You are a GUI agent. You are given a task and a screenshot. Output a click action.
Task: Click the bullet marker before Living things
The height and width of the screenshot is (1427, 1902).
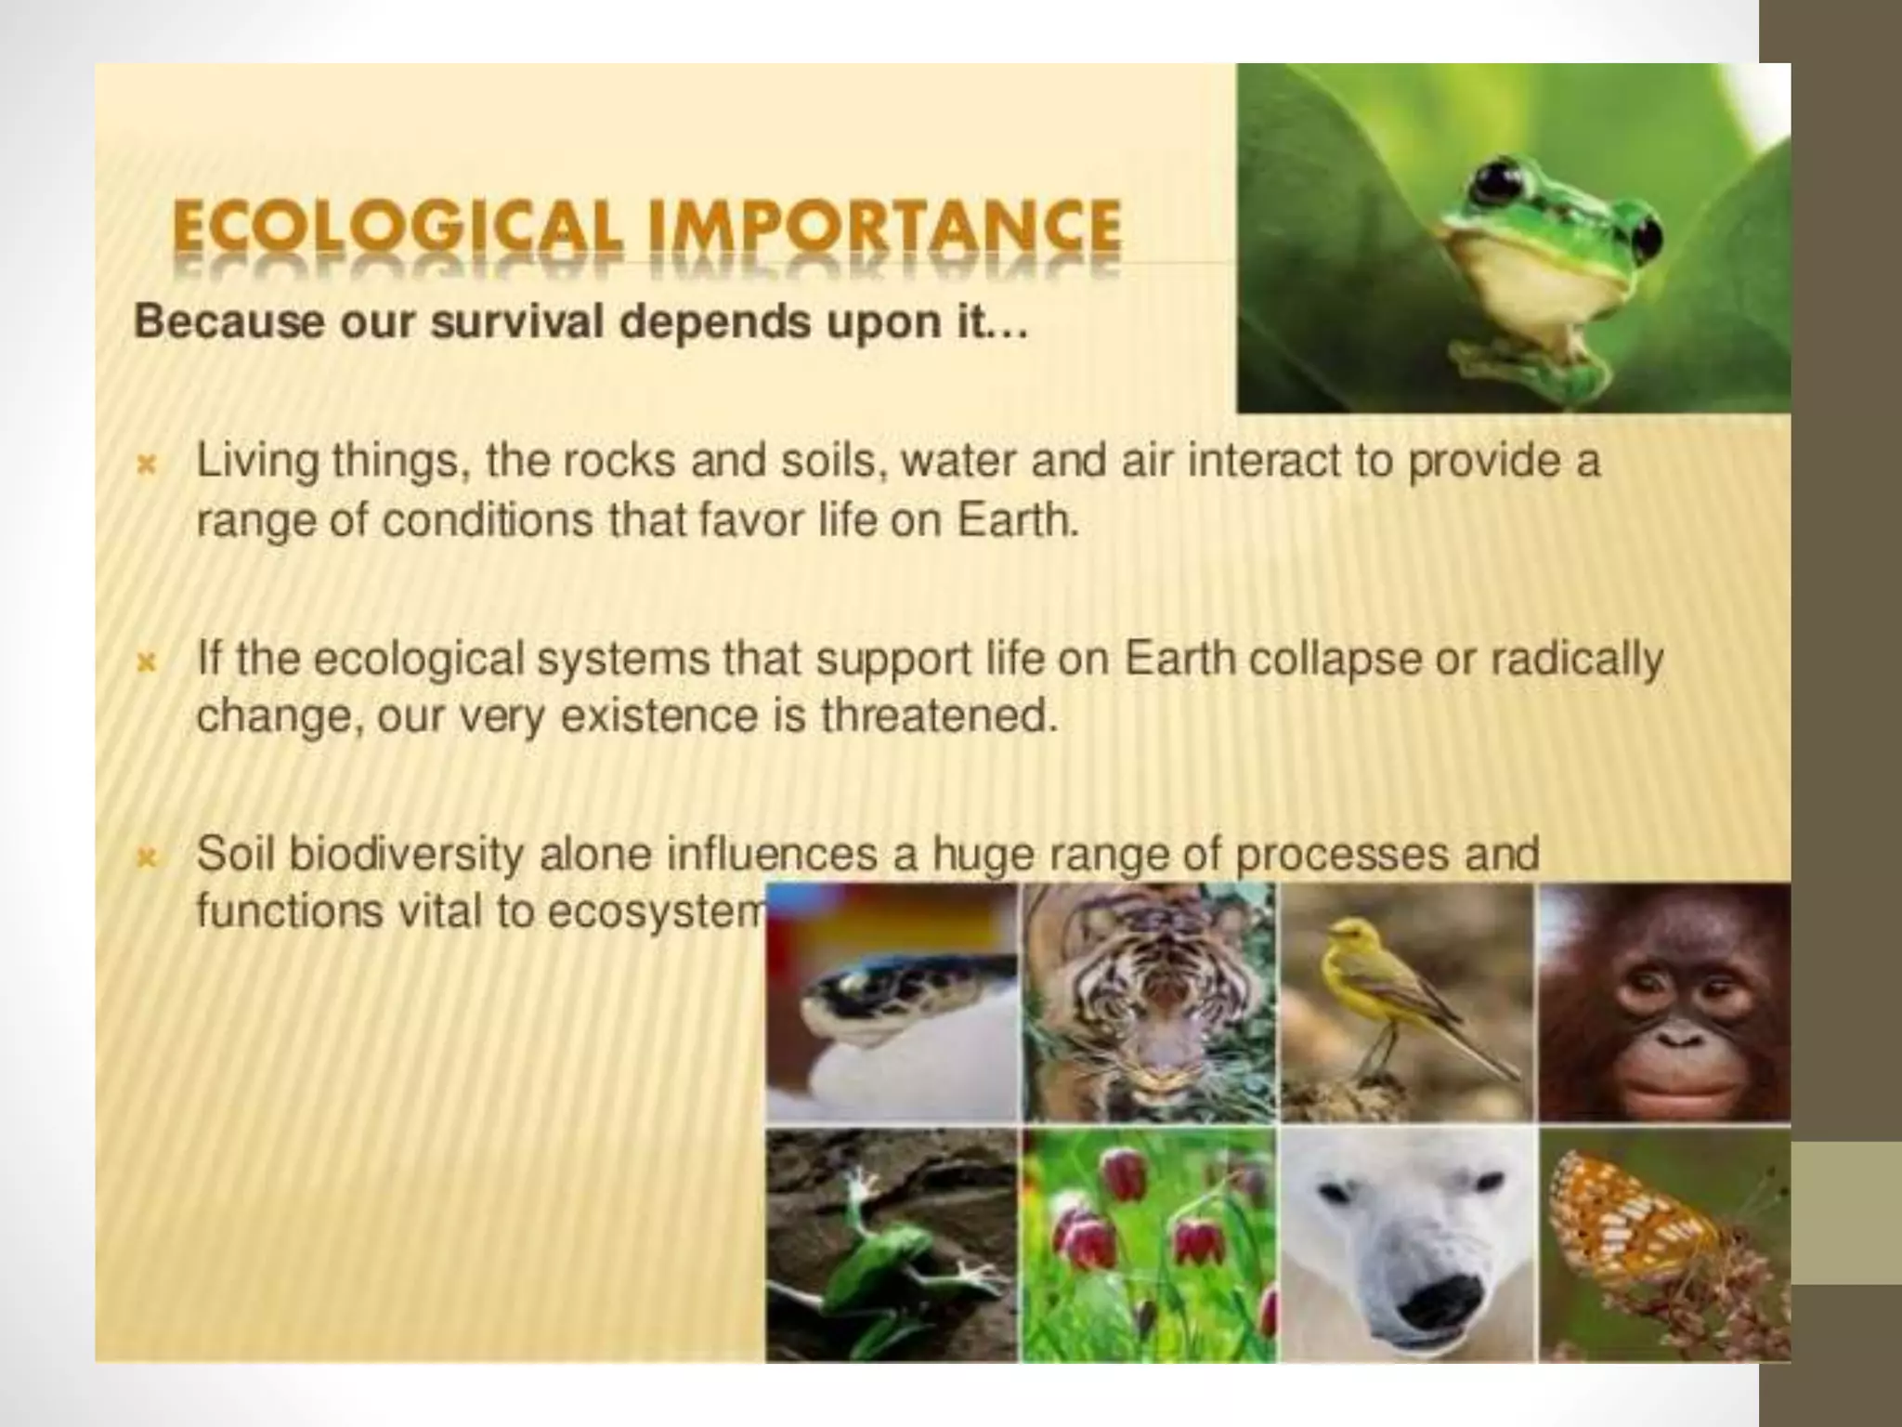(x=146, y=465)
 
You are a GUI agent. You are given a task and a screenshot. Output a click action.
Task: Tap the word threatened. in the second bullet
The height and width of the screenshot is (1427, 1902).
(x=939, y=716)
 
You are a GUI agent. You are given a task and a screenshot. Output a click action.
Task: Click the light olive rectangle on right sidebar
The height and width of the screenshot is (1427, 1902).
(x=1846, y=1212)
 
